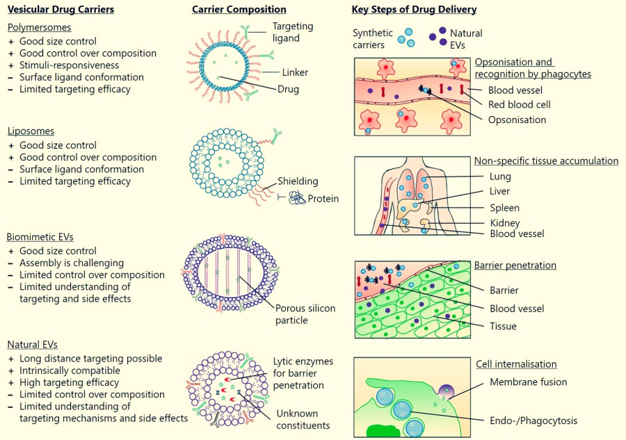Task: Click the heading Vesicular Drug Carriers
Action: (61, 10)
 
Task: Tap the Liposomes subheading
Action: (31, 131)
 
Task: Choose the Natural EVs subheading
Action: (33, 344)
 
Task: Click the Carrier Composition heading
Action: (239, 10)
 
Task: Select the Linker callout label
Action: (296, 72)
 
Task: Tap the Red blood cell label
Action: (519, 105)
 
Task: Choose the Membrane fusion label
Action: (528, 382)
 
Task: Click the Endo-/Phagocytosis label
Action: (534, 420)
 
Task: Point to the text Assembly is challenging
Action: (72, 263)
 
